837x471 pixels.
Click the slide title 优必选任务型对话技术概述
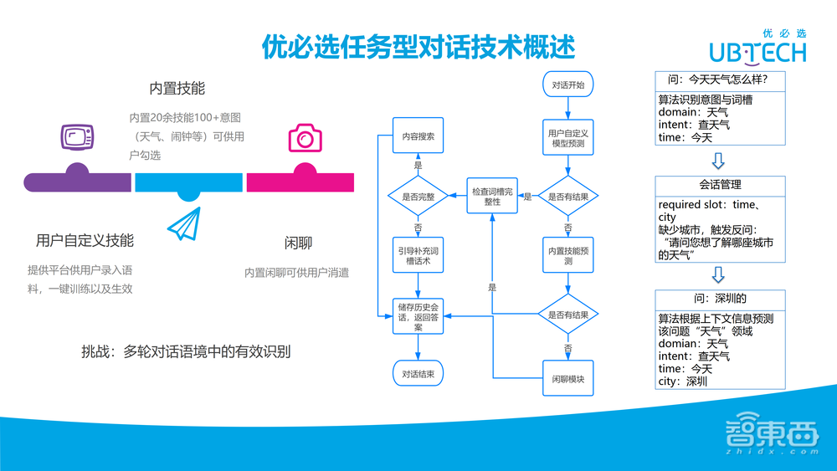tap(418, 47)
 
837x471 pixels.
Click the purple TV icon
tap(77, 136)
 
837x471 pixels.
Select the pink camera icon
tap(305, 137)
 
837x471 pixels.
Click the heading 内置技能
tap(177, 89)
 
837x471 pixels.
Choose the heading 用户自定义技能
tap(85, 241)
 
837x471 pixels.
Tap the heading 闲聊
tap(298, 243)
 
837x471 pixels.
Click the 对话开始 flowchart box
tap(568, 85)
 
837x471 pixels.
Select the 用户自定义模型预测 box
tap(568, 139)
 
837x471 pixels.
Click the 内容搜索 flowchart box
tap(418, 136)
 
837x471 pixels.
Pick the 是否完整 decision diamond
tap(418, 197)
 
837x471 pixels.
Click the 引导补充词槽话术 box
tap(418, 256)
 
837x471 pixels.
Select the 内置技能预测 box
tap(568, 256)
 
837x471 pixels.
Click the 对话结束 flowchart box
tap(418, 374)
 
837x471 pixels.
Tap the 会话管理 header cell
tap(721, 185)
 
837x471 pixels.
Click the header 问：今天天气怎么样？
tap(721, 80)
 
